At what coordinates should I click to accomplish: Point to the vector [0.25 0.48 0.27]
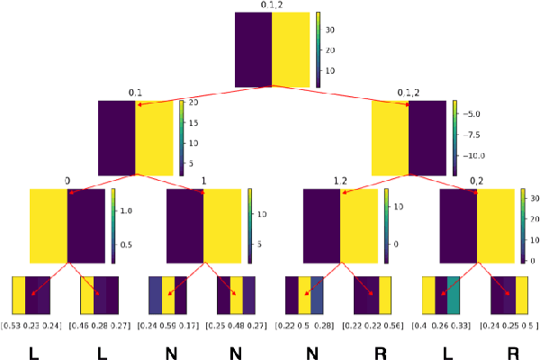[237, 324]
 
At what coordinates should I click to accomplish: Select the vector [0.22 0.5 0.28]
[306, 324]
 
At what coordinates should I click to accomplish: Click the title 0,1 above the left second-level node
[135, 93]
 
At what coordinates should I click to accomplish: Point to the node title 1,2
[339, 181]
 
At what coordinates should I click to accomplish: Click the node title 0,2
[476, 181]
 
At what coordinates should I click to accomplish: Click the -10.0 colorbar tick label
[474, 156]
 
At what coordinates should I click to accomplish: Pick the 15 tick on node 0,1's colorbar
[193, 121]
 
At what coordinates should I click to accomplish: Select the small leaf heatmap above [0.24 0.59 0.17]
[168, 294]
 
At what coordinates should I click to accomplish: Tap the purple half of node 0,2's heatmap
[459, 226]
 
